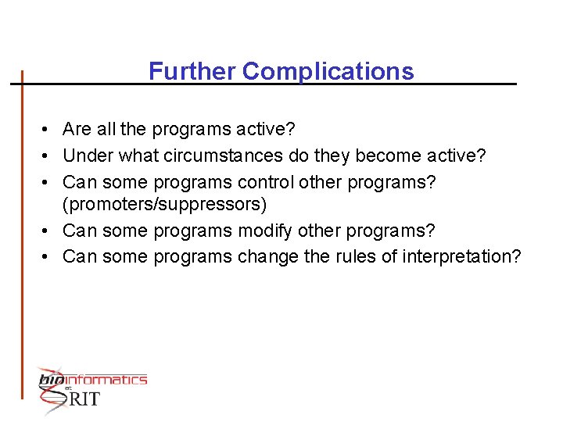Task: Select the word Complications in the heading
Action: (328, 71)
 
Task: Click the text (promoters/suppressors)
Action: (165, 205)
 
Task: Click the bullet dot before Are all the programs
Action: (47, 129)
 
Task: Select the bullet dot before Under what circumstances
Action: (47, 156)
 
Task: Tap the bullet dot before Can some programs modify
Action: (47, 231)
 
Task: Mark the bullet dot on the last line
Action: (47, 256)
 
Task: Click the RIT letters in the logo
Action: (84, 399)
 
